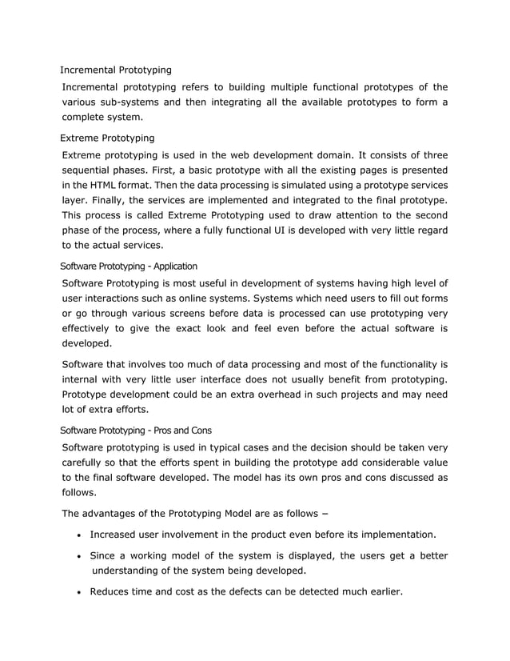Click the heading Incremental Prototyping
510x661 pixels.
point(116,70)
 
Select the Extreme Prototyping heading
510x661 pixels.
point(107,138)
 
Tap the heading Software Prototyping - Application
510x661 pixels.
point(129,266)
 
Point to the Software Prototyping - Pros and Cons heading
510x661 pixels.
point(136,430)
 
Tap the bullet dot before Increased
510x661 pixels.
point(79,535)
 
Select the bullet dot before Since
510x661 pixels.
point(79,556)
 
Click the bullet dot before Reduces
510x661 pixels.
point(79,592)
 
